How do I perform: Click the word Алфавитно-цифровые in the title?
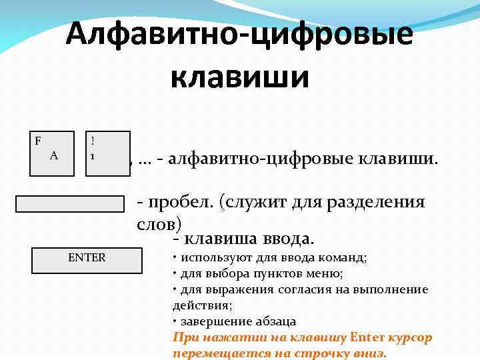[x=239, y=35]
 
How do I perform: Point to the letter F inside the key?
[x=38, y=141]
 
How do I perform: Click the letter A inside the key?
[x=54, y=155]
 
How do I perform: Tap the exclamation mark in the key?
[x=93, y=141]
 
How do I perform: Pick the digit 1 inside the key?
[x=93, y=155]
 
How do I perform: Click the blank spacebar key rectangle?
[x=71, y=203]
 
